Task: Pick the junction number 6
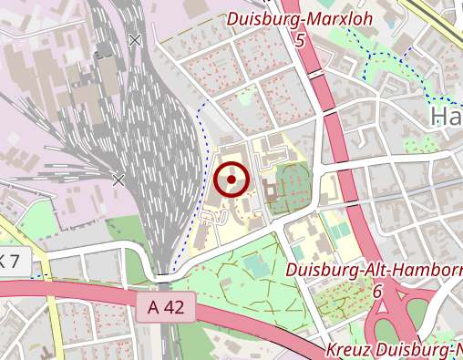[376, 291]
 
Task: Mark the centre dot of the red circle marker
[232, 180]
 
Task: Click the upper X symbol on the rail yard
[136, 40]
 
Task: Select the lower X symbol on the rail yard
[118, 180]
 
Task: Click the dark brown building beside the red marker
[270, 190]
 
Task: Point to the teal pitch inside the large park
[256, 267]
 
